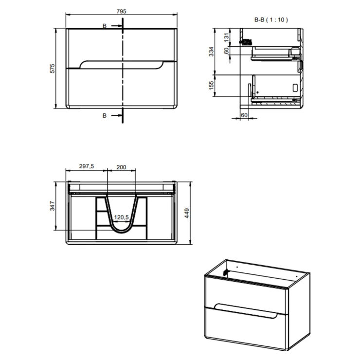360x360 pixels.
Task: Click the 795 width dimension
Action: click(121, 11)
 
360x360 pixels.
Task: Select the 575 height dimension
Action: click(53, 69)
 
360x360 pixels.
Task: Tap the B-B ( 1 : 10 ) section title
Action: click(271, 20)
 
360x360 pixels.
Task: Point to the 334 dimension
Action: click(211, 52)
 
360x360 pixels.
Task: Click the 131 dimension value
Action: click(227, 37)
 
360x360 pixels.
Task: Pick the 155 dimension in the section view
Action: click(211, 86)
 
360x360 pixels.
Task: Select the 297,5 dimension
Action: click(87, 166)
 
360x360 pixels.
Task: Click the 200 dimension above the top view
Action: click(121, 167)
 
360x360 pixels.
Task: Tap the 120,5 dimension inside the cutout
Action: click(122, 217)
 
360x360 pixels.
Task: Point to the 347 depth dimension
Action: click(53, 206)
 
